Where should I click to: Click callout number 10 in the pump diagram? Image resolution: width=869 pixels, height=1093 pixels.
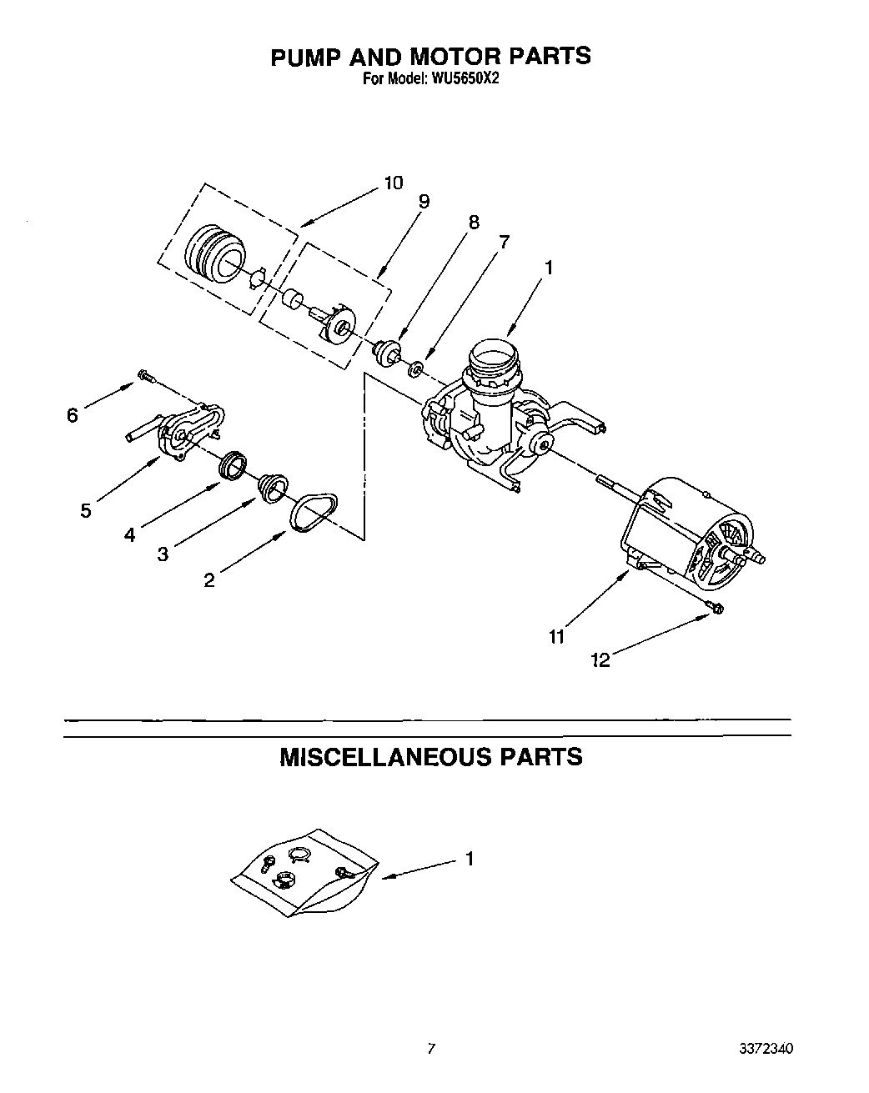(393, 183)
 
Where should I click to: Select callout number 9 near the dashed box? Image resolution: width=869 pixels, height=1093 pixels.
(424, 201)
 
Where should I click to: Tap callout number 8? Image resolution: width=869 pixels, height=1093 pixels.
(474, 222)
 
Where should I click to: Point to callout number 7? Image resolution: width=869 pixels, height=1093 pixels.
(503, 242)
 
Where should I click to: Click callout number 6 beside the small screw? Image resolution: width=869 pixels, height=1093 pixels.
(73, 414)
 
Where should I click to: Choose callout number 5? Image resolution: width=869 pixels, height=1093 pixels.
(86, 510)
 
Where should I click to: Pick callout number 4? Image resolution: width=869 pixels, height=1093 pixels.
(129, 534)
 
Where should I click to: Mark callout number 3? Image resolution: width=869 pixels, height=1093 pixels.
(163, 554)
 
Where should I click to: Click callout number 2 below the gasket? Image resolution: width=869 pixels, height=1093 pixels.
(208, 580)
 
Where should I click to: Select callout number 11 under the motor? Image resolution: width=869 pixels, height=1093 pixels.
(556, 637)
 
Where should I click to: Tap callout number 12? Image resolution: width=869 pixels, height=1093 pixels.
(600, 660)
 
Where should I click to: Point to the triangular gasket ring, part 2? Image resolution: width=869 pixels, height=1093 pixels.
(314, 510)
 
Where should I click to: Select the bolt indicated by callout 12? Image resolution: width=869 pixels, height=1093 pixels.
(715, 609)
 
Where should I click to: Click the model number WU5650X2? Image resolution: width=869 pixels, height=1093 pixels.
(465, 80)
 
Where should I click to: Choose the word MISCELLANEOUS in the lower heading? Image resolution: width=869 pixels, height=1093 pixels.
(384, 757)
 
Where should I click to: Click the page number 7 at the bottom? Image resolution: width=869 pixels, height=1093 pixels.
(431, 1049)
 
